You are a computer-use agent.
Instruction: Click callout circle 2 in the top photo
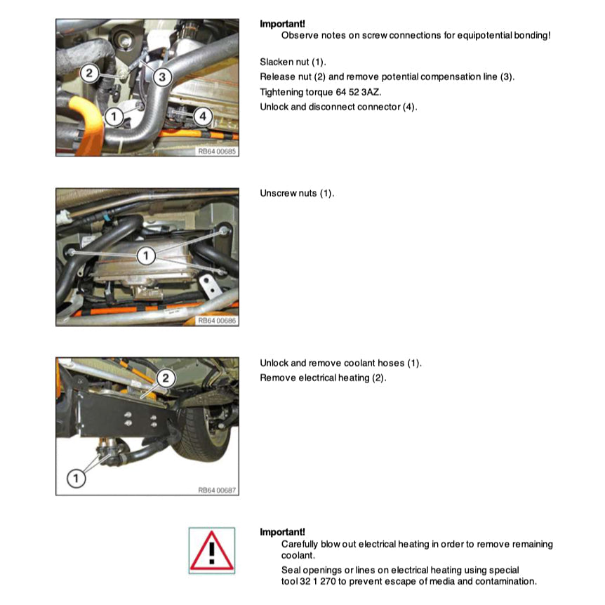(89, 73)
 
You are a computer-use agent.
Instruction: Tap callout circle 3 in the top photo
(162, 77)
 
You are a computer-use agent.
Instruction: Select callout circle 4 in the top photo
(203, 116)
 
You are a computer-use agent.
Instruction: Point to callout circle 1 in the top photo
(114, 117)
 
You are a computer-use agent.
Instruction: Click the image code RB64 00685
(217, 152)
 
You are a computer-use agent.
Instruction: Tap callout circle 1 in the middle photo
(146, 255)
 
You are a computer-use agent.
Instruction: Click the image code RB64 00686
(217, 321)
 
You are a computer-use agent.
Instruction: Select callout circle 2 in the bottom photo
(166, 378)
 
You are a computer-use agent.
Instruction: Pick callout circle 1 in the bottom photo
(76, 479)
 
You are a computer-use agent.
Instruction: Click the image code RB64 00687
(217, 490)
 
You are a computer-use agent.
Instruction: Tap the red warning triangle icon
(212, 551)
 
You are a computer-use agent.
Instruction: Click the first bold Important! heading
(282, 24)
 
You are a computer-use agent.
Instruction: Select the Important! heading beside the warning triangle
(282, 532)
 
